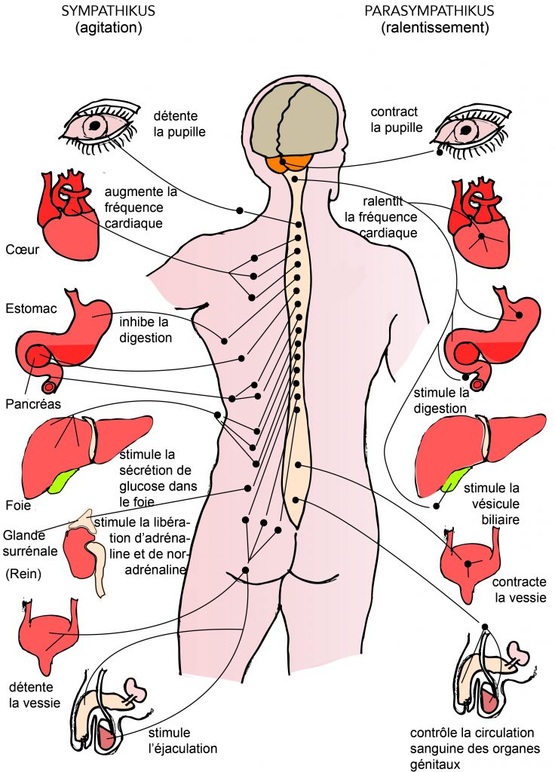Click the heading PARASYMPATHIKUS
429,11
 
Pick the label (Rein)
25,574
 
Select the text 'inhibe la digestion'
146,330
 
